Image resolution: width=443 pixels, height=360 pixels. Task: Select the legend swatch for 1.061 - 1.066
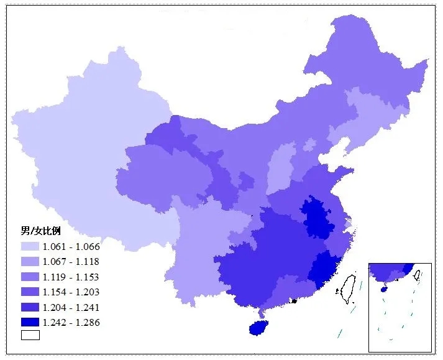[30, 247]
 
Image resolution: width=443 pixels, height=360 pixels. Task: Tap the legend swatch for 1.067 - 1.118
[30, 262]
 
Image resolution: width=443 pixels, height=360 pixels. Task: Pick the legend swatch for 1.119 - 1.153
[30, 277]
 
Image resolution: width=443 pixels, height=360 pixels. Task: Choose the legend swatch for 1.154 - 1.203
[30, 292]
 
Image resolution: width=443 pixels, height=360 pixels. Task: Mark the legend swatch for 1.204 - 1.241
[30, 307]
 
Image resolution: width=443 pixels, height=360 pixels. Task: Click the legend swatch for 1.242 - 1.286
[30, 322]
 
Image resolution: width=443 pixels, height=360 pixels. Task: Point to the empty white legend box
[30, 335]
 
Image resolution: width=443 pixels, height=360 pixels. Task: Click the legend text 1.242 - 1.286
[71, 322]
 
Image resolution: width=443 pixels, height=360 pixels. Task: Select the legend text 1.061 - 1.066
[71, 247]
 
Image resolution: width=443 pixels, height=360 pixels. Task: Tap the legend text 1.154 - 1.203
[71, 292]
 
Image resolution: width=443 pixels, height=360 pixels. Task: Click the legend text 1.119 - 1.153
[71, 277]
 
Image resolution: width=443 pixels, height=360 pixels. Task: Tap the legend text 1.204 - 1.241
[71, 307]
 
